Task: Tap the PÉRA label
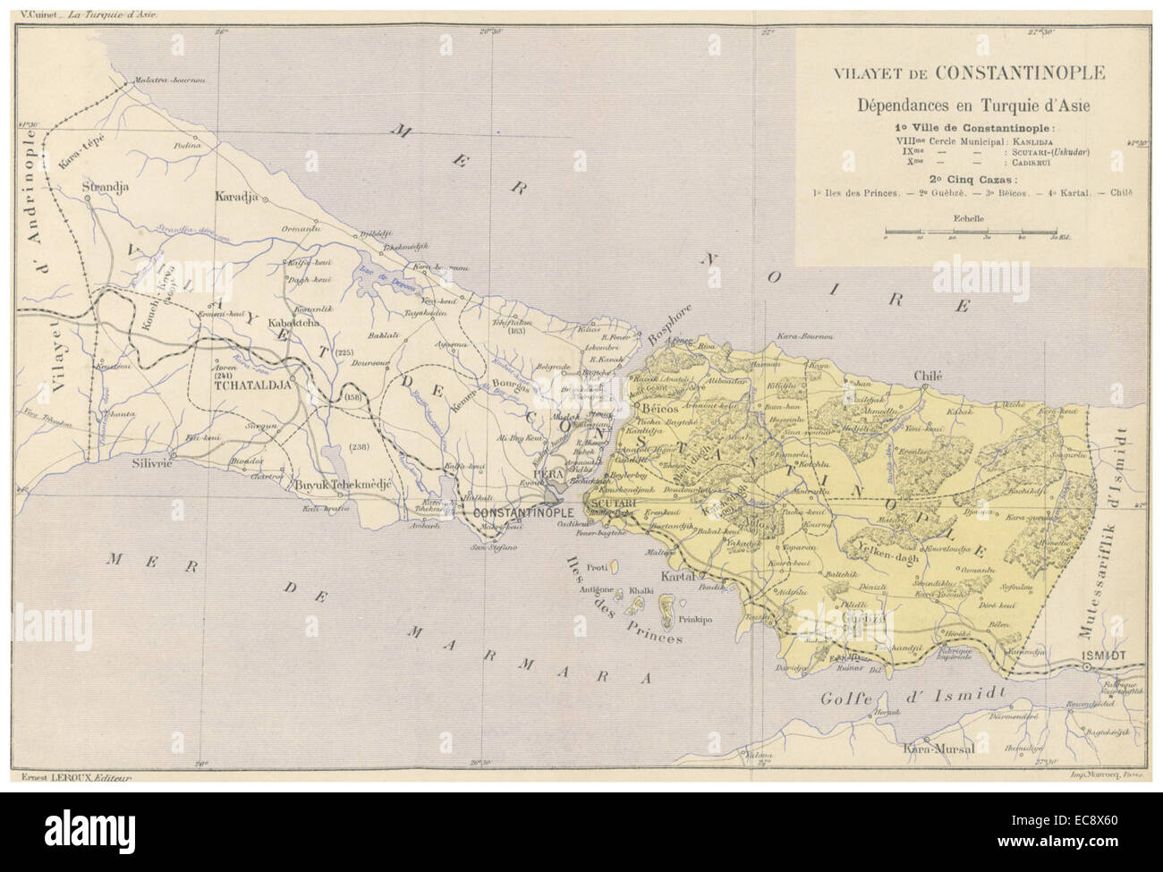click(x=546, y=471)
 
